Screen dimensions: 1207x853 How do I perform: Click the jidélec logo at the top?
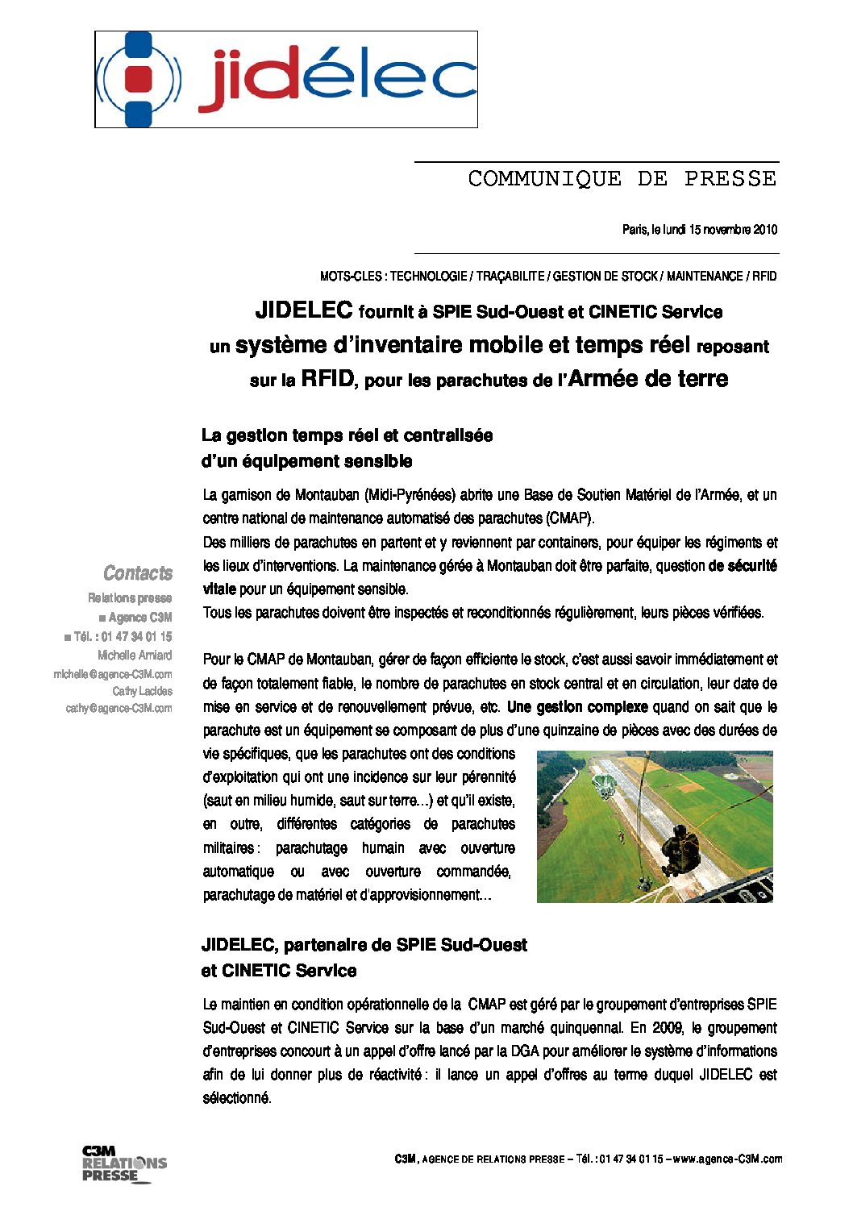286,79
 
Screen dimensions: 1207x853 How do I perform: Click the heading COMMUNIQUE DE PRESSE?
622,178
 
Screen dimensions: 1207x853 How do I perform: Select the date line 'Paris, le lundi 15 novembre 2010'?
699,230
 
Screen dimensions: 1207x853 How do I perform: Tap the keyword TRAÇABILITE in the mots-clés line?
510,277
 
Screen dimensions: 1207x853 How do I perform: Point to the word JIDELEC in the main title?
304,310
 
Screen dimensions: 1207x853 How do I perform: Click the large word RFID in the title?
327,379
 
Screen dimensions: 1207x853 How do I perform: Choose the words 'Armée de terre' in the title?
647,379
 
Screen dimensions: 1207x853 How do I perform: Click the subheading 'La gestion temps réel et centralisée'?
347,435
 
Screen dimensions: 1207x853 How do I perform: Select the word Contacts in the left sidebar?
138,573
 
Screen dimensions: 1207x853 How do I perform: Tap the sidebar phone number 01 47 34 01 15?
136,636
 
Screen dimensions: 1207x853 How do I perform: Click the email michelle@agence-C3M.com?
113,674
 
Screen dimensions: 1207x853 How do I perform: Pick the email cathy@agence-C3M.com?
119,709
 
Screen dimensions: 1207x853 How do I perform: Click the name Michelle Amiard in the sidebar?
135,656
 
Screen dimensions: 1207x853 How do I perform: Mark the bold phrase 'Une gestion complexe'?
577,707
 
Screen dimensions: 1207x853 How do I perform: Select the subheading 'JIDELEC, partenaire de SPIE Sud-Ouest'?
364,945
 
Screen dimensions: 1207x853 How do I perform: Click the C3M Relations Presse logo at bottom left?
123,1163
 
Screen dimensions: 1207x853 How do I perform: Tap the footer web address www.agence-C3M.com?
727,1159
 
